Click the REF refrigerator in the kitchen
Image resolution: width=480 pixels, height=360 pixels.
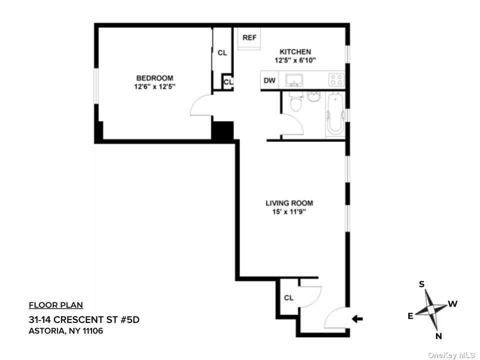[249, 38]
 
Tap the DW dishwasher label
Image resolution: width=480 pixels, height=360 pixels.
[269, 80]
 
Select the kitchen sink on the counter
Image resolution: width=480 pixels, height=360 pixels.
[294, 80]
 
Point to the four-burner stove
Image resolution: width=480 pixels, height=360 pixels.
[336, 80]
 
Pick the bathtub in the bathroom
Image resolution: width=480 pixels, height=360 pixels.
[335, 115]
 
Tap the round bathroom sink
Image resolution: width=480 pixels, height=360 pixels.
[313, 97]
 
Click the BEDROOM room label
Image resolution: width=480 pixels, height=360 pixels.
[154, 78]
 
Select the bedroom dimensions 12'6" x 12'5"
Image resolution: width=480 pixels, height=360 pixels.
[154, 86]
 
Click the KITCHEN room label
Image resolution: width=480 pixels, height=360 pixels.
[295, 51]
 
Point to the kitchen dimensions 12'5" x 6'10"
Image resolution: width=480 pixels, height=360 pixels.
[295, 60]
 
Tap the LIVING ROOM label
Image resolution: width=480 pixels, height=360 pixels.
[289, 203]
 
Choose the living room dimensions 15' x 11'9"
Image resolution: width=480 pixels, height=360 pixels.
[289, 211]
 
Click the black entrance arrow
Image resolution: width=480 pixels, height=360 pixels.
[357, 318]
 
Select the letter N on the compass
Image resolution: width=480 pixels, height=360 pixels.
[438, 336]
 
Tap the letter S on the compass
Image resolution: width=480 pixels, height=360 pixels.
[421, 284]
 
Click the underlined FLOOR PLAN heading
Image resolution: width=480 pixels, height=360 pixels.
[55, 305]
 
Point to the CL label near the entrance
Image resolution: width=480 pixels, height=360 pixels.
[288, 298]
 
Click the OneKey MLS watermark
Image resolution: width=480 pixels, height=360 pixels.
[451, 355]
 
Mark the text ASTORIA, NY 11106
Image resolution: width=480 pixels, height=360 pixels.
[66, 331]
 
